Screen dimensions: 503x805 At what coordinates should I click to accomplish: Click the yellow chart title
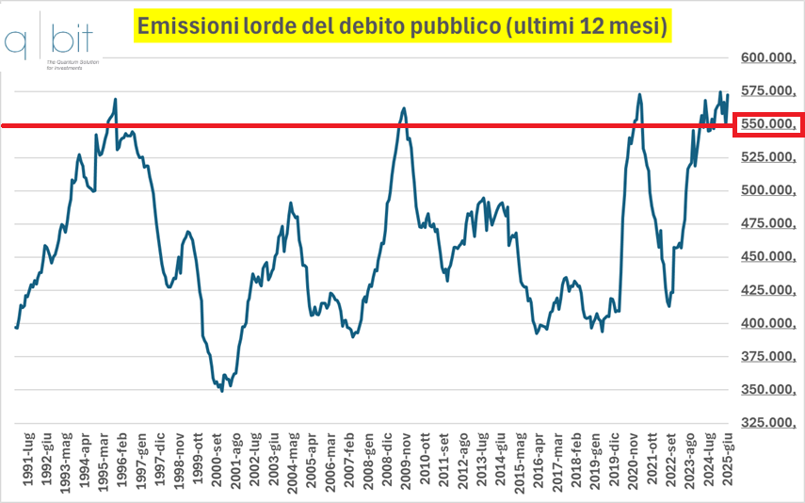click(x=403, y=27)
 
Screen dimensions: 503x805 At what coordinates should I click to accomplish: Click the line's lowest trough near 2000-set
click(x=221, y=390)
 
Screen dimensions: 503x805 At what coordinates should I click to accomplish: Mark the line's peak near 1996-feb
click(x=115, y=99)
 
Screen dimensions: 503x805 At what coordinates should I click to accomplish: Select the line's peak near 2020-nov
click(x=639, y=94)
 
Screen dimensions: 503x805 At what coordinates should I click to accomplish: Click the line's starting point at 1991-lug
click(x=16, y=327)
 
